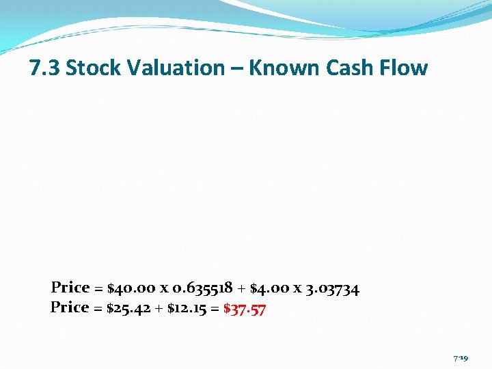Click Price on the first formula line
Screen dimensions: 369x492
pyautogui.click(x=70, y=288)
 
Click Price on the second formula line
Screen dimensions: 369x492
pyautogui.click(x=70, y=308)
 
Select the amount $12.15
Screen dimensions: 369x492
pyautogui.click(x=186, y=308)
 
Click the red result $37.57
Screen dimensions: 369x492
pyautogui.click(x=245, y=309)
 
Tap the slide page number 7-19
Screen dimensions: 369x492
pyautogui.click(x=460, y=358)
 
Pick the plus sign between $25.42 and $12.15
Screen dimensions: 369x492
pyautogui.click(x=160, y=309)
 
